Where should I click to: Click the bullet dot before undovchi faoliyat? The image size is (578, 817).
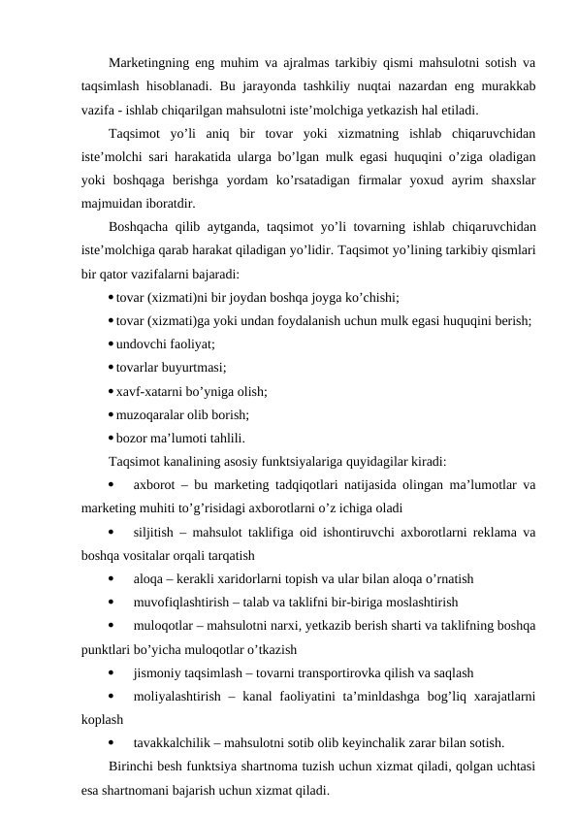[112, 343]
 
